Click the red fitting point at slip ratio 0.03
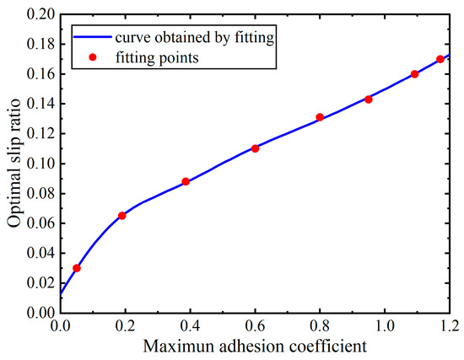[77, 268]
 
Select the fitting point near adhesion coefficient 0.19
[122, 216]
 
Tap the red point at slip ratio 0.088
[186, 181]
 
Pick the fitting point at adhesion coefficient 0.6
[255, 148]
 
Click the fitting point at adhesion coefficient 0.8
[320, 117]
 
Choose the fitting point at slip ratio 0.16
[414, 74]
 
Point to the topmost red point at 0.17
[440, 59]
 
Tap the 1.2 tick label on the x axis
[450, 325]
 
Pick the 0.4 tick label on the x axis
[190, 325]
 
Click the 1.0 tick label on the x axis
[385, 325]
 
